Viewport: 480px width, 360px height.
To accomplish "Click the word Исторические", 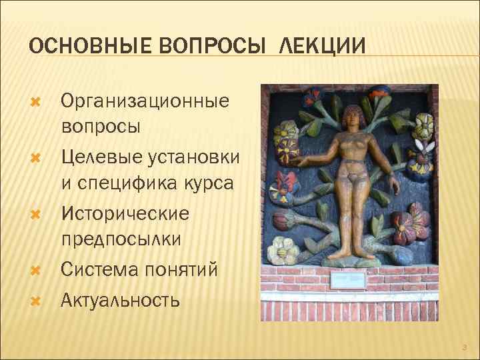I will click(125, 214).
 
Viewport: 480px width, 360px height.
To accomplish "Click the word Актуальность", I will click(120, 299).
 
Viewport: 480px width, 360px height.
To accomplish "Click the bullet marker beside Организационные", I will click(37, 102).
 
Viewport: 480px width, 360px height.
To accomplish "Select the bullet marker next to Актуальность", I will click(37, 301).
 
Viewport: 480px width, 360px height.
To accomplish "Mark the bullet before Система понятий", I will click(37, 271).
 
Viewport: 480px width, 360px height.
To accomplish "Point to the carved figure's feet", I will click(347, 253).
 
